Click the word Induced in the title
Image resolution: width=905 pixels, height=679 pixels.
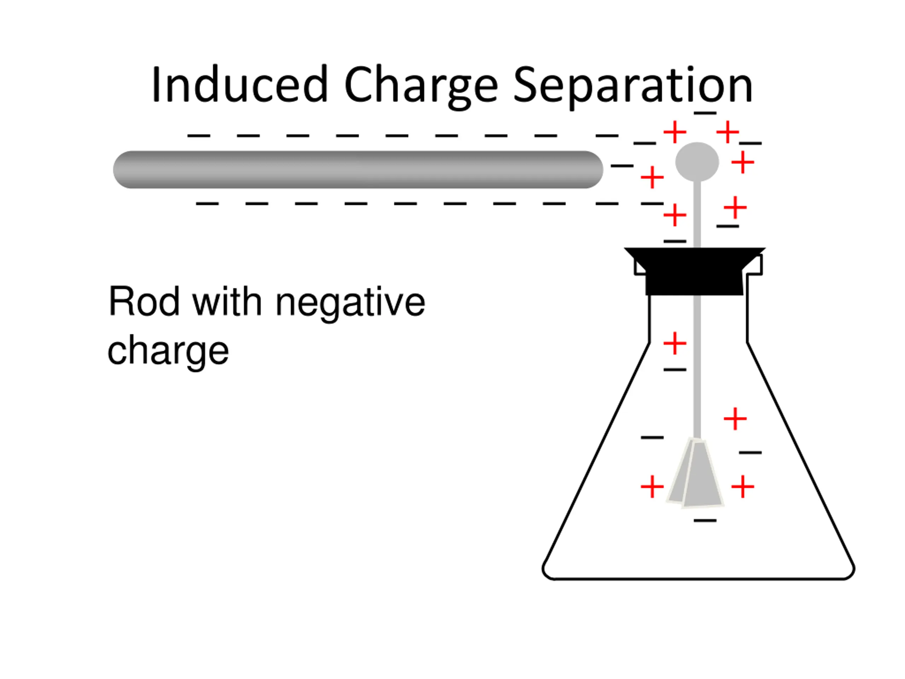click(239, 85)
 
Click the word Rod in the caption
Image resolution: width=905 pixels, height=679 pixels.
click(144, 302)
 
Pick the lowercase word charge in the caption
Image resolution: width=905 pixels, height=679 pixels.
click(168, 351)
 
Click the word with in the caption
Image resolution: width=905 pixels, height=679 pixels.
click(227, 302)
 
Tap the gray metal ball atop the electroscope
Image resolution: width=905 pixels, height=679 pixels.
click(697, 162)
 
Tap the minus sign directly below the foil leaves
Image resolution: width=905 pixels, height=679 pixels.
click(705, 521)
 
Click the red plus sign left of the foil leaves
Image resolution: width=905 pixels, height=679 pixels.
click(652, 487)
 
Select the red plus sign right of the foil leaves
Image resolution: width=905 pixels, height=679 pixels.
click(742, 487)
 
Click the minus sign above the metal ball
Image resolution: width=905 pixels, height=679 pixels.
click(705, 113)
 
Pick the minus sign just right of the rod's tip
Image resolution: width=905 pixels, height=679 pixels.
click(622, 166)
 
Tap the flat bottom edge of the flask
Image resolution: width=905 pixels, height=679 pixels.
click(697, 579)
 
